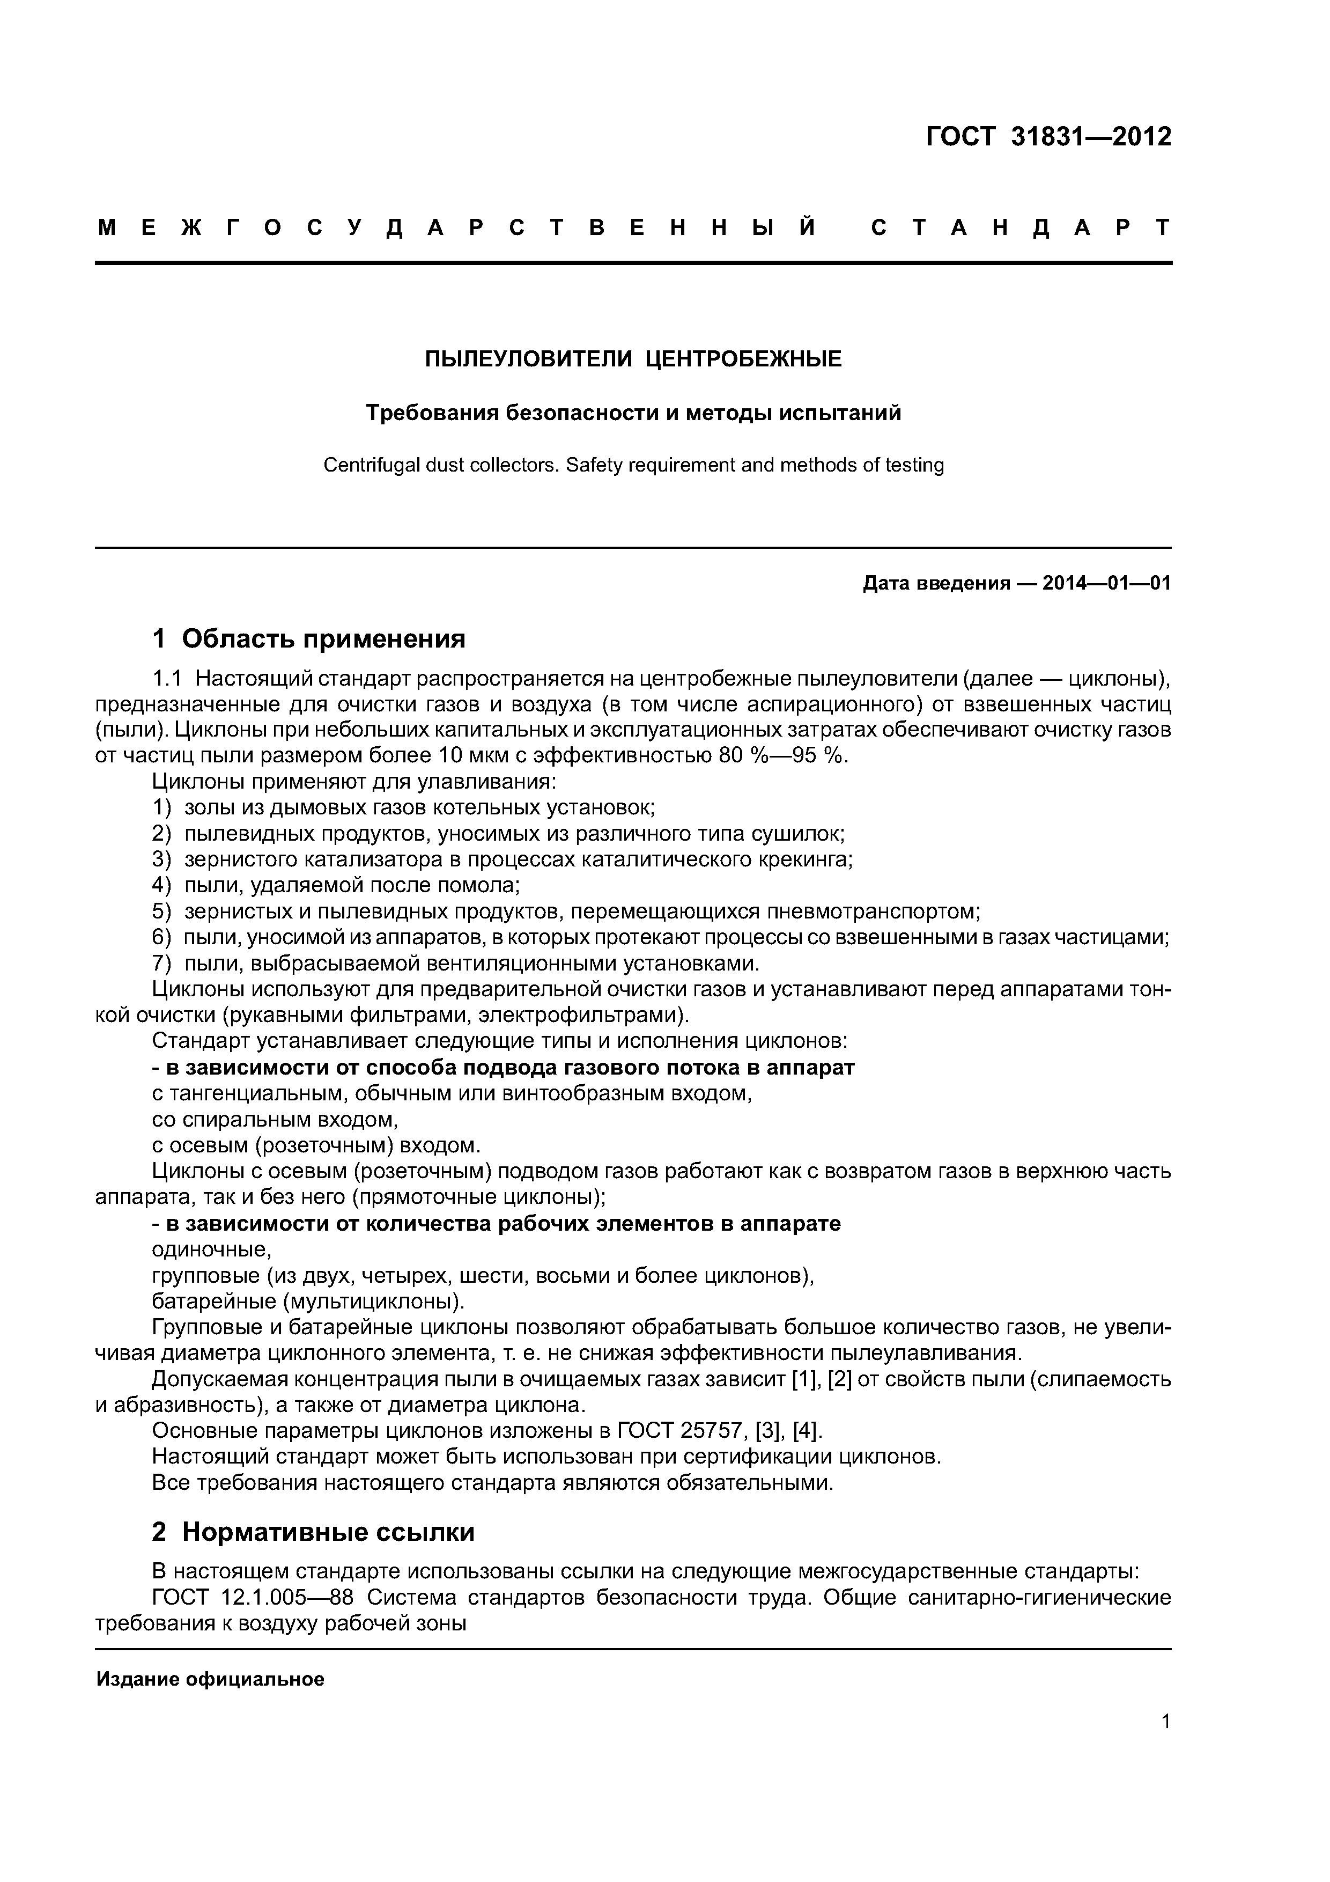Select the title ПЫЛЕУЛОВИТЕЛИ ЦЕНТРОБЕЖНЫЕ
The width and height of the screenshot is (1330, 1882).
(633, 359)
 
